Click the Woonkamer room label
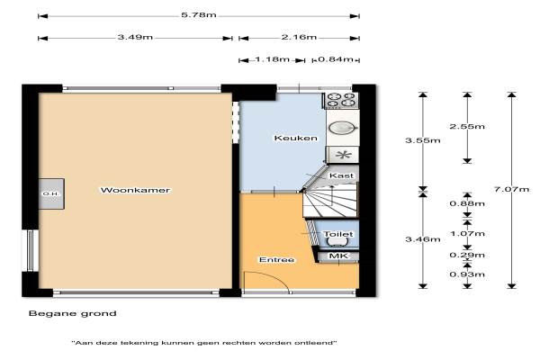click(135, 190)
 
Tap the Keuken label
click(295, 138)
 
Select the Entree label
click(277, 260)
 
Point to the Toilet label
click(338, 234)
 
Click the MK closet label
click(339, 256)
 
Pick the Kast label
click(341, 175)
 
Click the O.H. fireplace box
click(51, 193)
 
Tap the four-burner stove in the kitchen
click(341, 100)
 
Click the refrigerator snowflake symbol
click(344, 155)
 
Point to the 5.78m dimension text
click(199, 15)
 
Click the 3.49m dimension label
click(135, 37)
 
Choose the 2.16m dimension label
click(299, 37)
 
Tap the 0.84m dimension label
click(336, 59)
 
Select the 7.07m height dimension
click(512, 190)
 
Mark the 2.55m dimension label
click(467, 126)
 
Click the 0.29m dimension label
click(467, 256)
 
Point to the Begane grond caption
click(73, 313)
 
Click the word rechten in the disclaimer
click(239, 343)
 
